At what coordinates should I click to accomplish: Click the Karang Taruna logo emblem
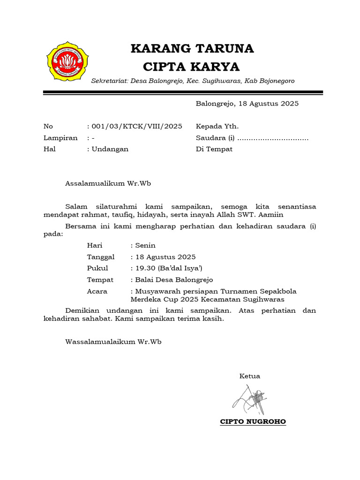click(x=67, y=61)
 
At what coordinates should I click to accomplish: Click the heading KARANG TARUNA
click(x=192, y=48)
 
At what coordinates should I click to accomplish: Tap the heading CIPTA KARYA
click(x=191, y=66)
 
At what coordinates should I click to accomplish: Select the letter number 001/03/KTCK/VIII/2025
click(x=137, y=126)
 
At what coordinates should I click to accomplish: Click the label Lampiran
click(x=60, y=138)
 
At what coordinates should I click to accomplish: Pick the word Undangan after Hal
click(x=110, y=149)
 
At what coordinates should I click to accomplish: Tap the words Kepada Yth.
click(x=217, y=126)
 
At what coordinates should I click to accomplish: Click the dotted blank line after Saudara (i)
click(x=273, y=138)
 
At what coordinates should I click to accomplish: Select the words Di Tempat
click(x=214, y=149)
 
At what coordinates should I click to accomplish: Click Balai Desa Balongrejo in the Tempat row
click(x=173, y=280)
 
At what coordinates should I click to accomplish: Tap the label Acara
click(x=97, y=291)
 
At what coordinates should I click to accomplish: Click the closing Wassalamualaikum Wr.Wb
click(x=113, y=342)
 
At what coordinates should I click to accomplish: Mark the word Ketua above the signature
click(x=250, y=376)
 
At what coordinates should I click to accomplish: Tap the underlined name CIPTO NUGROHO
click(x=253, y=421)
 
